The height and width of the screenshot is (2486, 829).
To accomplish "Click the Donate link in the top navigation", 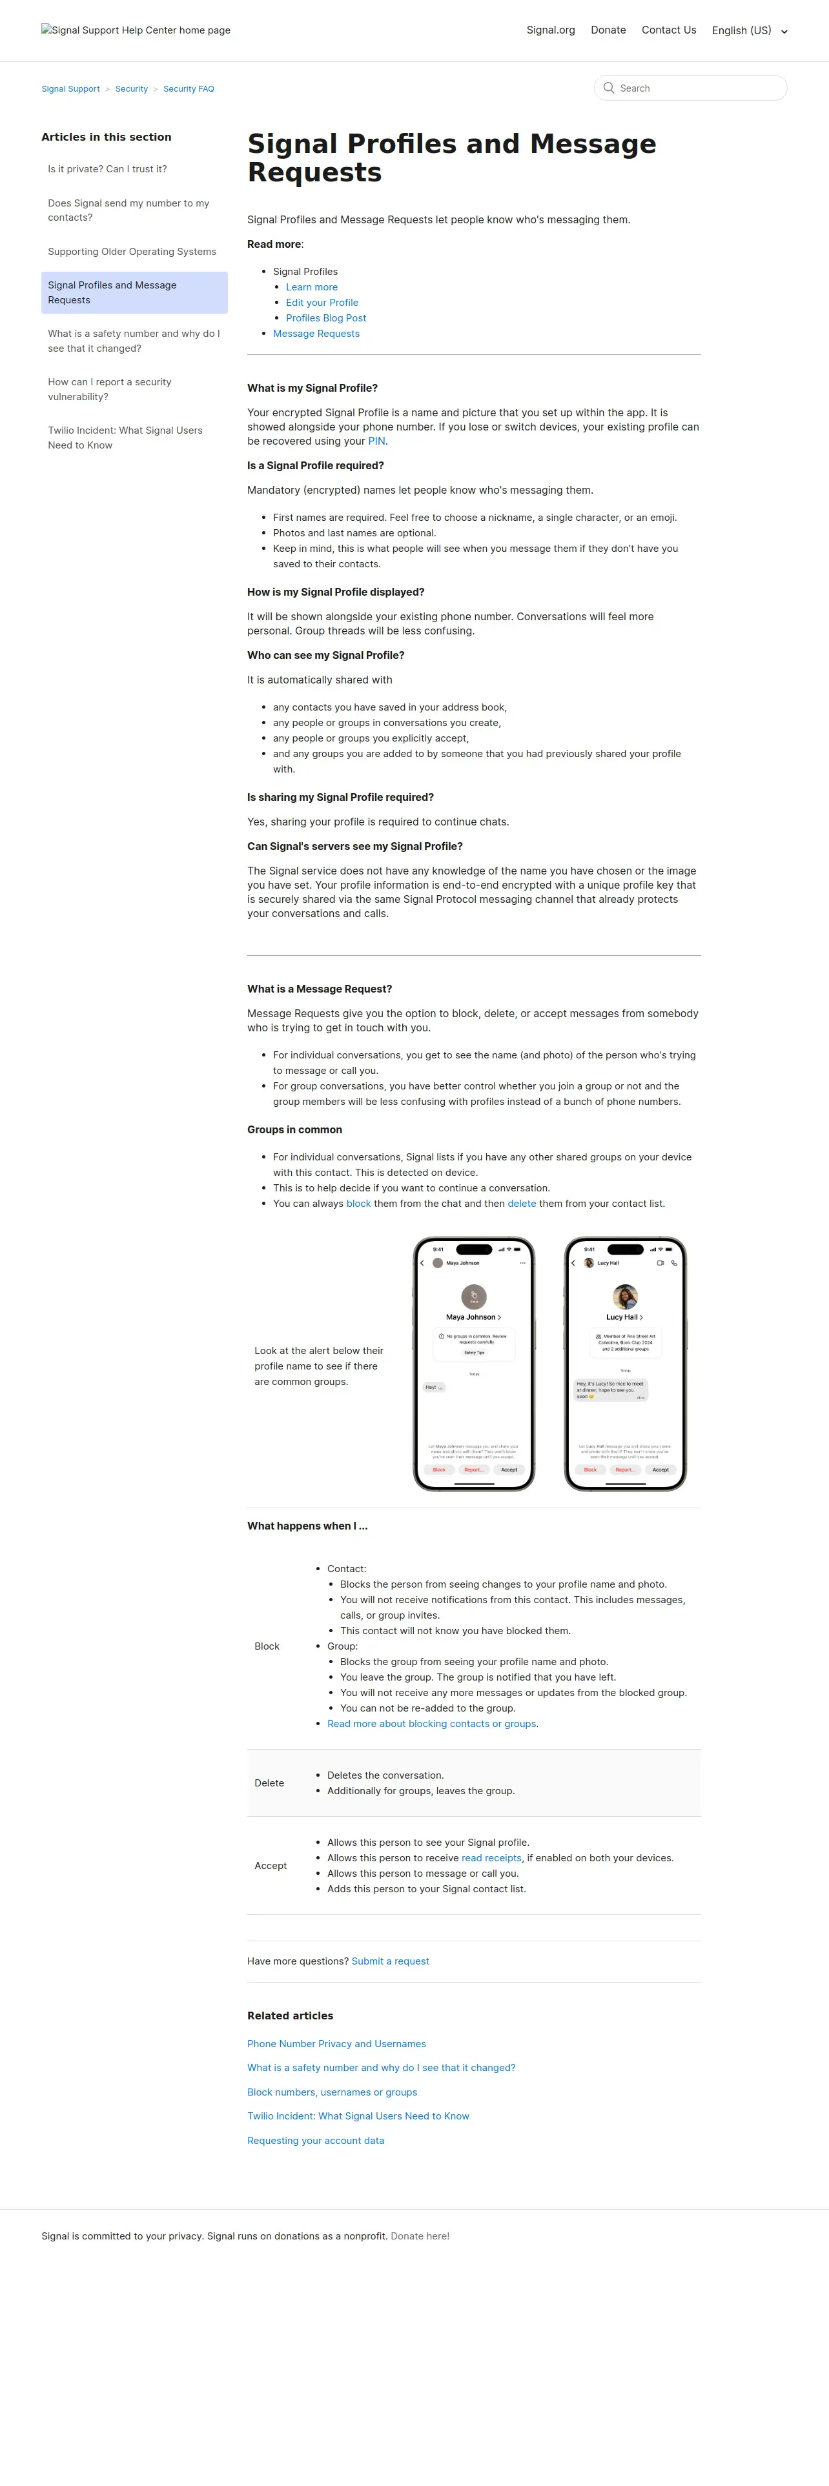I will tap(608, 30).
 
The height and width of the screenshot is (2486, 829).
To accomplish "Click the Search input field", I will tap(695, 88).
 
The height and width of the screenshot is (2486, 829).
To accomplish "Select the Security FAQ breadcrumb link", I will tap(188, 89).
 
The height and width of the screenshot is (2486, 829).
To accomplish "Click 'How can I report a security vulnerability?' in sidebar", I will tap(110, 389).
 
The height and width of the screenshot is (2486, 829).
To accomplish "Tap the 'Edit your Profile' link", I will tap(322, 302).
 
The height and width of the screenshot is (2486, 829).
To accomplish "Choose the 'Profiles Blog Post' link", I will tap(325, 318).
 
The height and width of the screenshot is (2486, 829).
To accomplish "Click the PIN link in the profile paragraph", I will tap(376, 441).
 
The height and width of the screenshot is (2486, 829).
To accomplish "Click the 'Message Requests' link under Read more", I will tap(316, 333).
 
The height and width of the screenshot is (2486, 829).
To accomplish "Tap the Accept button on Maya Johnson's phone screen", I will tap(509, 1470).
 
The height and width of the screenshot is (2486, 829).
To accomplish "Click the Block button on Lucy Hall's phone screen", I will tap(589, 1470).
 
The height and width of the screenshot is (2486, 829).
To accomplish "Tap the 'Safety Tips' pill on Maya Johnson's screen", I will tap(474, 1352).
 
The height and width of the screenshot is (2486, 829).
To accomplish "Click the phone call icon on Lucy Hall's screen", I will tap(673, 1262).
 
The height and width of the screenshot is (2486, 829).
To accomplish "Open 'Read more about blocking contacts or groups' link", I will tap(431, 1724).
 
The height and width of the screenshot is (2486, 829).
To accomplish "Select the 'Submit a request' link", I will tap(390, 1961).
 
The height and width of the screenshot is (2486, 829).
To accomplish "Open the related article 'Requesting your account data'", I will tap(316, 2141).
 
